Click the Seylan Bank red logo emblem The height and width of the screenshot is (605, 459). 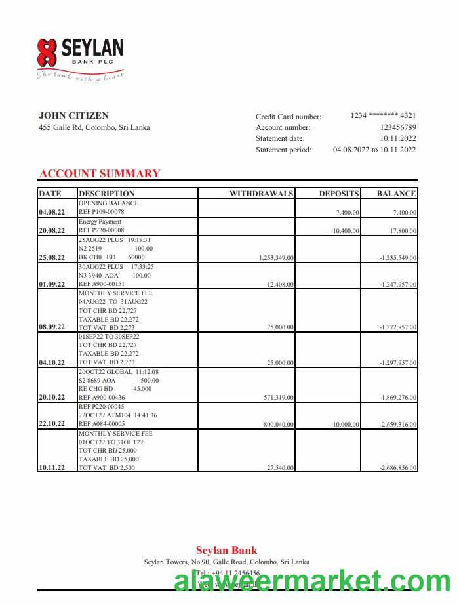pyautogui.click(x=47, y=52)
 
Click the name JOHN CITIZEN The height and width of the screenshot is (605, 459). pyautogui.click(x=64, y=115)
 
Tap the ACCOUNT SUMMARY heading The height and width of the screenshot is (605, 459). pyautogui.click(x=99, y=173)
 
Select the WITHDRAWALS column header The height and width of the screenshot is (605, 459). pyautogui.click(x=261, y=194)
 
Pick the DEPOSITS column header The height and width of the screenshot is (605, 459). pyautogui.click(x=339, y=194)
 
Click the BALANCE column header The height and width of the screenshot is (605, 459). pyautogui.click(x=396, y=194)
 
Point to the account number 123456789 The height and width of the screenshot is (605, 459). pyautogui.click(x=398, y=127)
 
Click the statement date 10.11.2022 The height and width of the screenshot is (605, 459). pyautogui.click(x=398, y=138)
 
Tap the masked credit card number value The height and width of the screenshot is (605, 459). pyautogui.click(x=383, y=115)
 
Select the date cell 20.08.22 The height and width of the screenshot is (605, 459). pyautogui.click(x=52, y=231)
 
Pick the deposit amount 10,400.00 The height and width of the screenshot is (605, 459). pyautogui.click(x=346, y=231)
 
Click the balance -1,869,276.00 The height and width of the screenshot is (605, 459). pyautogui.click(x=398, y=398)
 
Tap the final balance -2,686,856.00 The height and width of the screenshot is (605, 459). pyautogui.click(x=398, y=468)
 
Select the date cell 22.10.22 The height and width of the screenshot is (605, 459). pyautogui.click(x=52, y=424)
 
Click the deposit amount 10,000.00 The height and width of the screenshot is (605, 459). pyautogui.click(x=346, y=425)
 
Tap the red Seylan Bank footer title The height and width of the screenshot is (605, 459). pyautogui.click(x=226, y=551)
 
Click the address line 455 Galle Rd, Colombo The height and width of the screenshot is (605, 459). pyautogui.click(x=94, y=127)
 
